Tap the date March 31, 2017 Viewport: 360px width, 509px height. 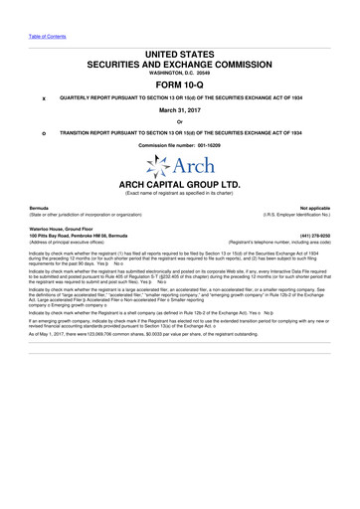click(x=180, y=111)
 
